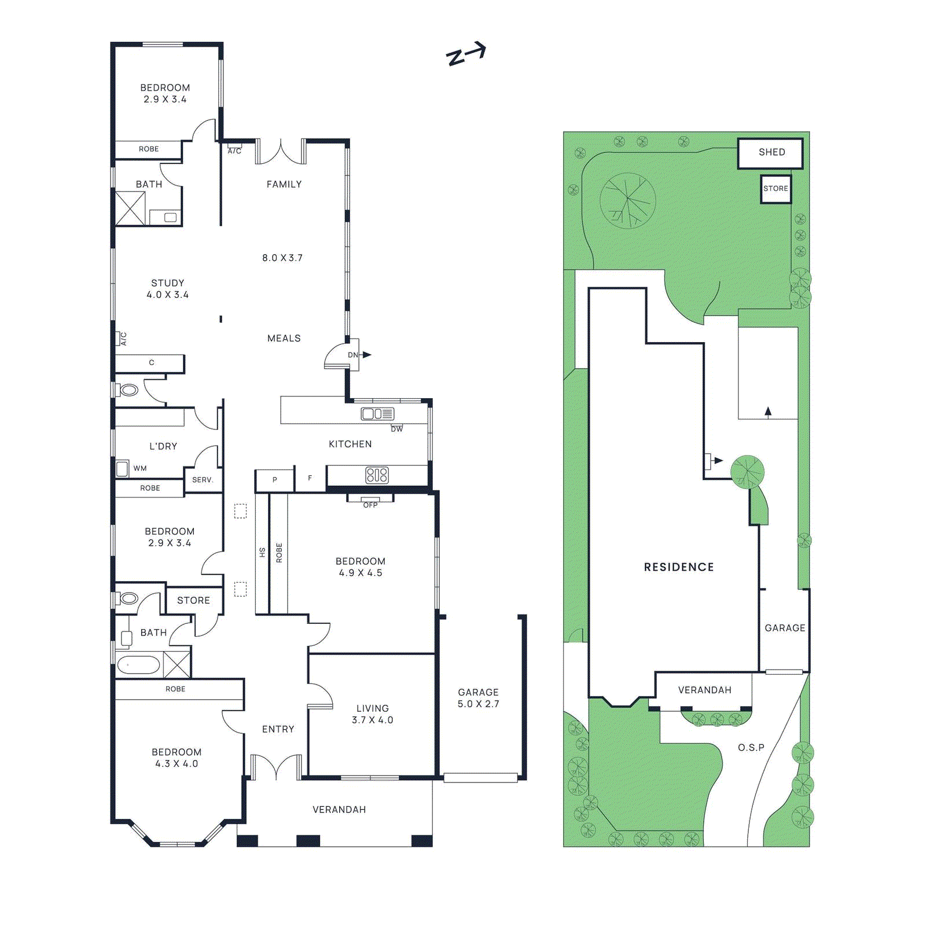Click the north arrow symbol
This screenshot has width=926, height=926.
[x=465, y=54]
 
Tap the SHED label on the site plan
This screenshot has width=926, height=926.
[x=771, y=152]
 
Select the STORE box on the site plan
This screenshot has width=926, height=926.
[x=776, y=189]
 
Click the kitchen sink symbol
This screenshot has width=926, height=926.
[x=377, y=414]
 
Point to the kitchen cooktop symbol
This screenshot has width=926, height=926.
[x=377, y=475]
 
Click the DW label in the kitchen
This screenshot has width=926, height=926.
[x=396, y=429]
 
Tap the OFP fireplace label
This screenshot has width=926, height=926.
[x=370, y=505]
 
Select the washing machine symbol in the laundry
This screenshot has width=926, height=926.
[x=122, y=468]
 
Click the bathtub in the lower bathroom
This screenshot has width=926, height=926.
[x=139, y=665]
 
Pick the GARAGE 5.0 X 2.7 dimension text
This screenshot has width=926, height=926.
[x=478, y=704]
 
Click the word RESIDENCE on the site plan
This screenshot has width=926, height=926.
[x=678, y=567]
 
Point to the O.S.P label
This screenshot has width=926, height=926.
[x=751, y=748]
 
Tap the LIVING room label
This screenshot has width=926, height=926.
[x=372, y=708]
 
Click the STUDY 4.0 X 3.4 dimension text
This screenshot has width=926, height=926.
[x=167, y=295]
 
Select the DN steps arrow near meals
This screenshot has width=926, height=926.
[x=366, y=355]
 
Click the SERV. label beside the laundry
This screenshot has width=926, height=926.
[x=203, y=480]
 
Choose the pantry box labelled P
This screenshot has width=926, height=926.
[x=274, y=480]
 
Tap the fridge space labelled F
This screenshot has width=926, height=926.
[x=310, y=478]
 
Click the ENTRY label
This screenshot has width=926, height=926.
[x=278, y=729]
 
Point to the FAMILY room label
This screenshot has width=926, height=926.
[x=284, y=184]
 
